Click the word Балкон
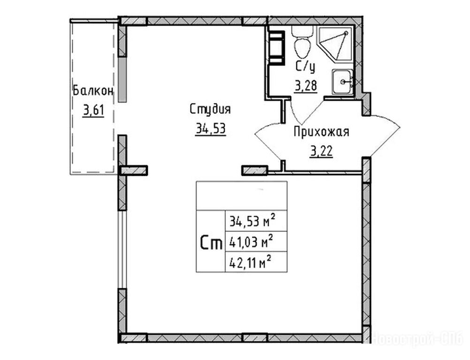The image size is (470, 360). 93,90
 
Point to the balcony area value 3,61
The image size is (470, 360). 93,111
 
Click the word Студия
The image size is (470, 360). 211,109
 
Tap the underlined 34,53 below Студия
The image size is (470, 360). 211,129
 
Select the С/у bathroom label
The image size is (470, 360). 305,67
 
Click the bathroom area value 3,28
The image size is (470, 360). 306,86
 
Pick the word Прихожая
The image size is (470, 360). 321,132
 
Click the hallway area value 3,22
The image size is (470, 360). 322,151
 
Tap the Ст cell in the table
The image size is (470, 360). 211,241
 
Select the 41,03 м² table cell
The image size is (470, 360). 256,241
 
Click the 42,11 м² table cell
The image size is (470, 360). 256,262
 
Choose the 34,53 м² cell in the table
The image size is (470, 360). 256,221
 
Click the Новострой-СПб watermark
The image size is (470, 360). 417,339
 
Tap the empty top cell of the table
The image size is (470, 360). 242,196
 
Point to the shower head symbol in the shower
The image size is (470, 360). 346,33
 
